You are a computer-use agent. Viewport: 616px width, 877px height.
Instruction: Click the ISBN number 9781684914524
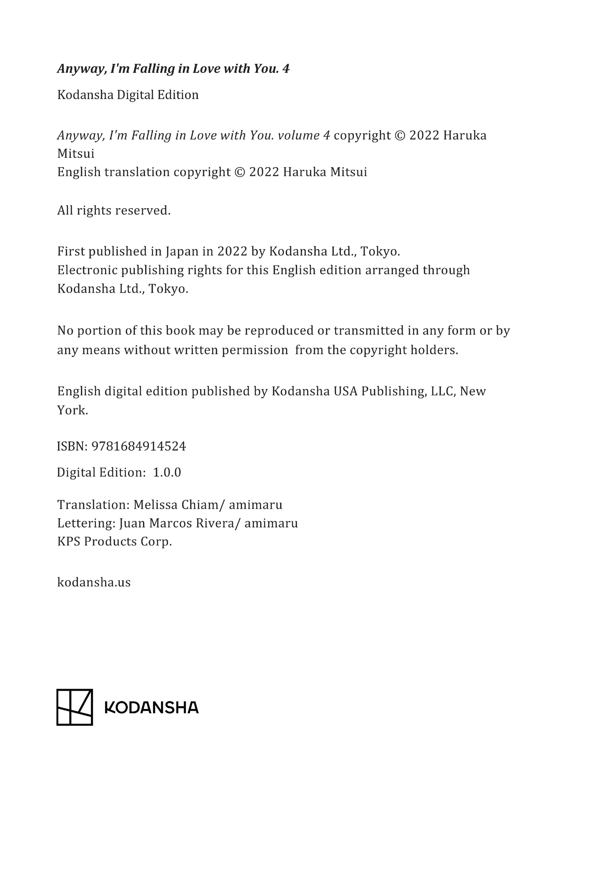[138, 446]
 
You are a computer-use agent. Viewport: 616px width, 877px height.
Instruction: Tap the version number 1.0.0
[167, 473]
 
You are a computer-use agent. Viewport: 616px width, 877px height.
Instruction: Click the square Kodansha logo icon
[74, 707]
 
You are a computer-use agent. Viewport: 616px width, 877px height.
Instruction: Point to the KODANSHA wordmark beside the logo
[152, 708]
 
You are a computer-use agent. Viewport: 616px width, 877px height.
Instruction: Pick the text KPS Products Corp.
[115, 541]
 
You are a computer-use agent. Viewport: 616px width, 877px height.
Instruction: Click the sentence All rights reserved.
[114, 211]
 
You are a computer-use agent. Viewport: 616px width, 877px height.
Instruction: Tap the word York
[73, 410]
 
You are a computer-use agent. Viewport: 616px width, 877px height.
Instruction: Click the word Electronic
[87, 270]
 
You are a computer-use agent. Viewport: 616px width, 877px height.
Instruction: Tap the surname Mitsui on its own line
[76, 154]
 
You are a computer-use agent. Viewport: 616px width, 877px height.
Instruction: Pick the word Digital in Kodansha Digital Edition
[135, 95]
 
